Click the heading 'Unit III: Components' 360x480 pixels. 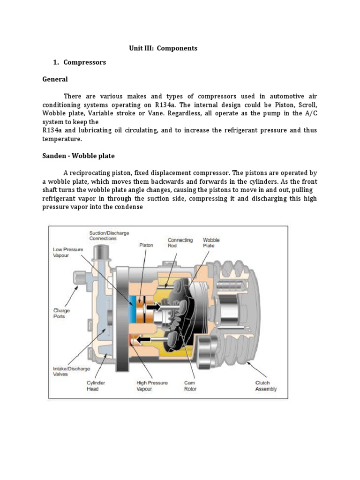(x=163, y=48)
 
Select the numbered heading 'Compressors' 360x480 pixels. (x=84, y=62)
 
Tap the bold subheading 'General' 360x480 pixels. (x=55, y=79)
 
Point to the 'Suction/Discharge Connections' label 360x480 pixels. (x=109, y=236)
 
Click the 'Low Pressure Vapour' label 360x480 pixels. (x=68, y=252)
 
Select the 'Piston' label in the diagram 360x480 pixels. (x=146, y=245)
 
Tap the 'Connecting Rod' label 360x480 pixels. (x=180, y=242)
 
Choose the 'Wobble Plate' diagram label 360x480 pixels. (x=211, y=242)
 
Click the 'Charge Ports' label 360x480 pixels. (x=61, y=314)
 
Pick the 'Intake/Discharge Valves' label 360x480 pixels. (x=71, y=371)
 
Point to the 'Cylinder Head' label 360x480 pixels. (x=96, y=386)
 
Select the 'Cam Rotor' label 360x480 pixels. (x=190, y=386)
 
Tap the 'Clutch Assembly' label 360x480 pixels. (x=266, y=386)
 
